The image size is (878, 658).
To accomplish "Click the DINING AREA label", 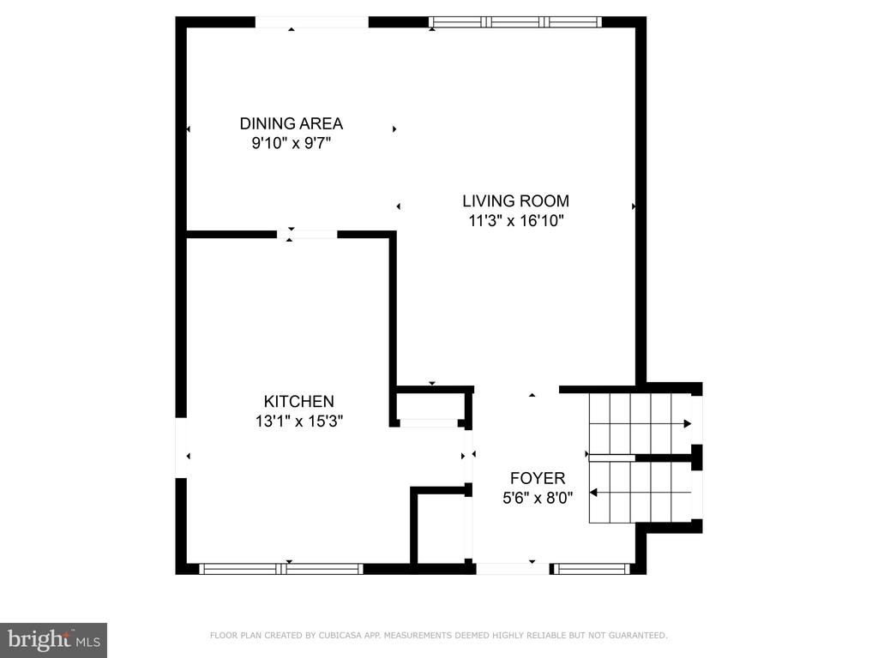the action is point(292,123).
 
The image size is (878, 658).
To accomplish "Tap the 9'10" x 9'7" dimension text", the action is point(292,143).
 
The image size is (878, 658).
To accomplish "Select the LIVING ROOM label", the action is point(515,200).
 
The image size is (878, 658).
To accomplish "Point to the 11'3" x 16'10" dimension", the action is point(515,220).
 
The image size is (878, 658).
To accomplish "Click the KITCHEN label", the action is point(299,401).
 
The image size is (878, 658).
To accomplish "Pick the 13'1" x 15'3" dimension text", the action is point(299,421).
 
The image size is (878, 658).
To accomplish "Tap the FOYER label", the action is point(538,478).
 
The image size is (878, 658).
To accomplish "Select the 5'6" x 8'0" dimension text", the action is point(538,498).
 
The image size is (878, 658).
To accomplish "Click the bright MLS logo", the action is point(54,640).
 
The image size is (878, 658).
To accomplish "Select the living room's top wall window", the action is point(515,21).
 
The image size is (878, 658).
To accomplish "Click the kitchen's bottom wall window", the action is point(281,569).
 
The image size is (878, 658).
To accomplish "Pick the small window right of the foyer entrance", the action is point(592,569).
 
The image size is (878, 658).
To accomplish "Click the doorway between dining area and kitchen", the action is point(307,235).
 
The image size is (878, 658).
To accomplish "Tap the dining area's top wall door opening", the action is point(312,21).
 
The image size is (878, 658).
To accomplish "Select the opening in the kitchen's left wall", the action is point(181,447).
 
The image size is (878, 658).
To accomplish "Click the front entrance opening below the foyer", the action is point(513,569).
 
